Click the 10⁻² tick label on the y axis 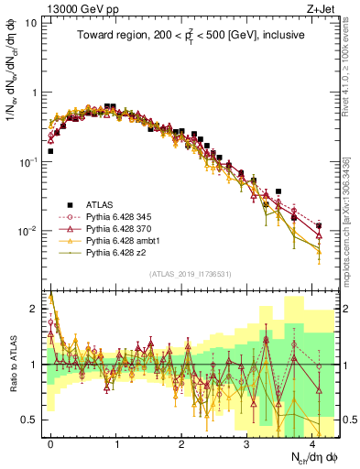[x=28, y=231]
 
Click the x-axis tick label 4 [x=312, y=442]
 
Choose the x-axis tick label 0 [x=50, y=442]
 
